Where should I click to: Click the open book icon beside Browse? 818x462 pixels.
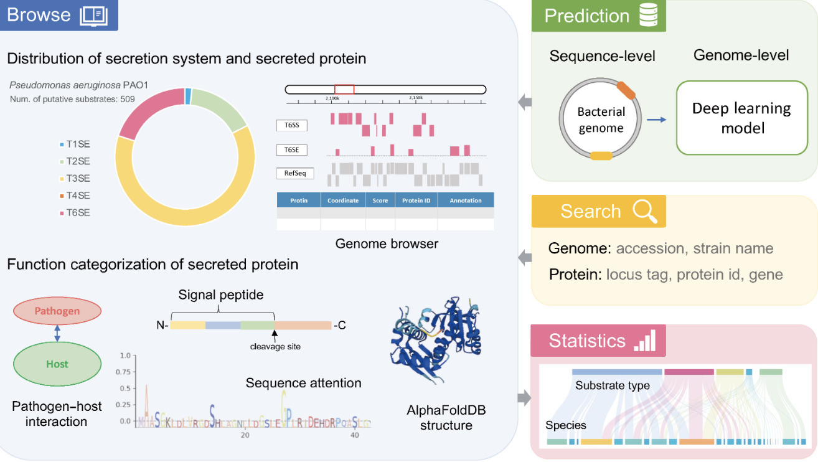(x=94, y=15)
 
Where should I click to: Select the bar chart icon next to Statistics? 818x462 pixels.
(x=644, y=341)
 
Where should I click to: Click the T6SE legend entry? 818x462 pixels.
(x=75, y=212)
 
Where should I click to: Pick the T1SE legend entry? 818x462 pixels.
(x=75, y=144)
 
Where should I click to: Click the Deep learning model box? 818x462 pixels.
(x=741, y=118)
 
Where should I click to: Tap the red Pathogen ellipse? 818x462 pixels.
(x=57, y=311)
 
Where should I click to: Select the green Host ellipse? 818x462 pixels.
(x=57, y=364)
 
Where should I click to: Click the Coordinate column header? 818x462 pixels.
(x=343, y=200)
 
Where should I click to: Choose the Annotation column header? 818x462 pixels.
(x=465, y=200)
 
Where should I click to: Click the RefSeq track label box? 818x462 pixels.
(x=294, y=173)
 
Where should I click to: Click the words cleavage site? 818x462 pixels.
(x=275, y=346)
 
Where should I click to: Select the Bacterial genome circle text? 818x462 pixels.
(x=601, y=120)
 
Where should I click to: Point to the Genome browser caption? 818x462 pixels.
(x=387, y=243)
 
